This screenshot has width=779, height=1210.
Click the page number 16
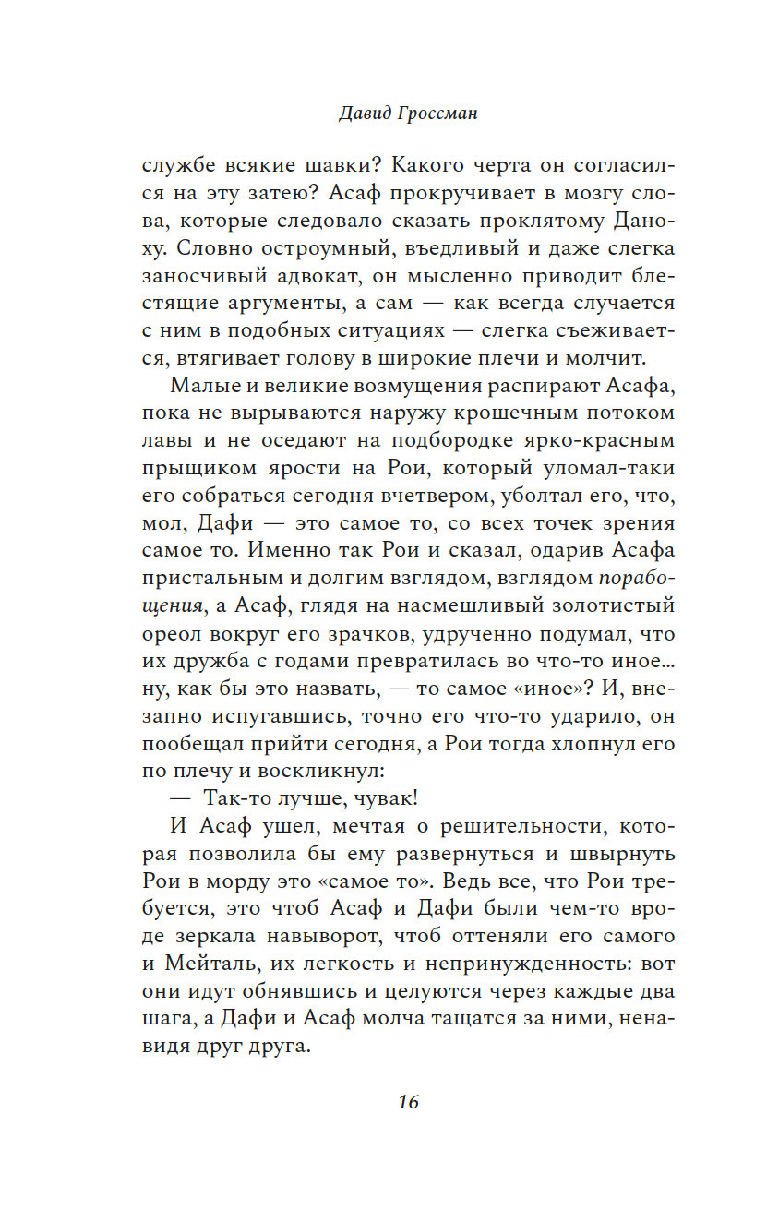pyautogui.click(x=409, y=1101)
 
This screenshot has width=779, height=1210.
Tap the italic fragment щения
pyautogui.click(x=173, y=607)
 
